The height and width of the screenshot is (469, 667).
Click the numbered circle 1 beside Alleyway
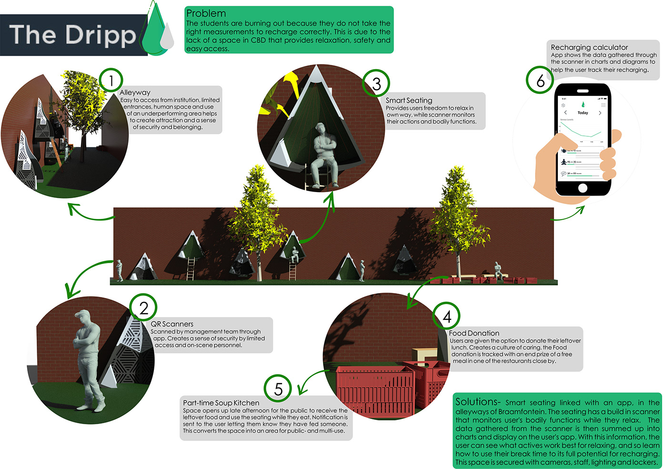(111, 81)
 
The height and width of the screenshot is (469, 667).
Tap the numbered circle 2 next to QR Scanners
(143, 308)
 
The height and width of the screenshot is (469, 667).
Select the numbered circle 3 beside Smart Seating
(376, 84)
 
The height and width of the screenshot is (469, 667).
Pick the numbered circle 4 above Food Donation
(446, 316)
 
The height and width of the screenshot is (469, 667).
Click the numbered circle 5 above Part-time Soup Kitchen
(278, 388)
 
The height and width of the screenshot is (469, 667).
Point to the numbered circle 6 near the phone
(540, 81)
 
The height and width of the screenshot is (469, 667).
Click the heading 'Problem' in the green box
(206, 13)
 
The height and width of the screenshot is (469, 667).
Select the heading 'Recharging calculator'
(589, 47)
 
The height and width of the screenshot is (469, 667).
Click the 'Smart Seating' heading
(409, 100)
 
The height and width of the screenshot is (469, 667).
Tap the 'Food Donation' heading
(474, 333)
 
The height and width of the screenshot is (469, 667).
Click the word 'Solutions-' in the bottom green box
(477, 402)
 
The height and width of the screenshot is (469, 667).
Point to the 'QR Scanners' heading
(172, 324)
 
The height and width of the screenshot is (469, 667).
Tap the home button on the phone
(582, 188)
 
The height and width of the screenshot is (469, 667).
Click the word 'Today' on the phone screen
(583, 113)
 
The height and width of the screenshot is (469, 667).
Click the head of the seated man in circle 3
(320, 129)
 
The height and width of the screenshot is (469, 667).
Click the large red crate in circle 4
(374, 388)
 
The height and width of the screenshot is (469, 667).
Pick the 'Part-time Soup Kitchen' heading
(221, 403)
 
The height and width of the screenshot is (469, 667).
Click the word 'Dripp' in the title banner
(101, 35)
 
